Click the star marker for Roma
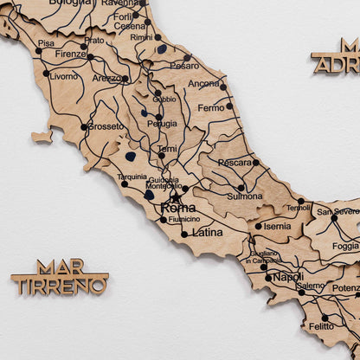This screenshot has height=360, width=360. click(176, 197)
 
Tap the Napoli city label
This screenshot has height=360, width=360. click(288, 278)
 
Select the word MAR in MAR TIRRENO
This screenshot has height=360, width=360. click(61, 267)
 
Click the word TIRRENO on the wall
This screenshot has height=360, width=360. click(60, 285)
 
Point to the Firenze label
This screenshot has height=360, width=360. click(70, 54)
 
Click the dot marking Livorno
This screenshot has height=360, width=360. click(46, 74)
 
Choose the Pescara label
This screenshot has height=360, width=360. click(235, 162)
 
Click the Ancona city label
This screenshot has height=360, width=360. click(203, 84)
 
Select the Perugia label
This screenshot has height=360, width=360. click(162, 124)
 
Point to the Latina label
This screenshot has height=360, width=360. click(207, 232)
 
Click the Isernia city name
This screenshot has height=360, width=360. click(277, 226)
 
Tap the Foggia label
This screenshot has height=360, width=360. click(345, 246)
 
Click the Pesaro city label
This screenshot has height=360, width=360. click(183, 65)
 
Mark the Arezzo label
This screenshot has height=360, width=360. click(106, 78)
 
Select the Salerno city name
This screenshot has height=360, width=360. click(311, 286)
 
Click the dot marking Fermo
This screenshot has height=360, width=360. click(229, 106)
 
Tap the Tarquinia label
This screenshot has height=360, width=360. click(132, 177)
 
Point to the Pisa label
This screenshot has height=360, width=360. click(46, 42)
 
